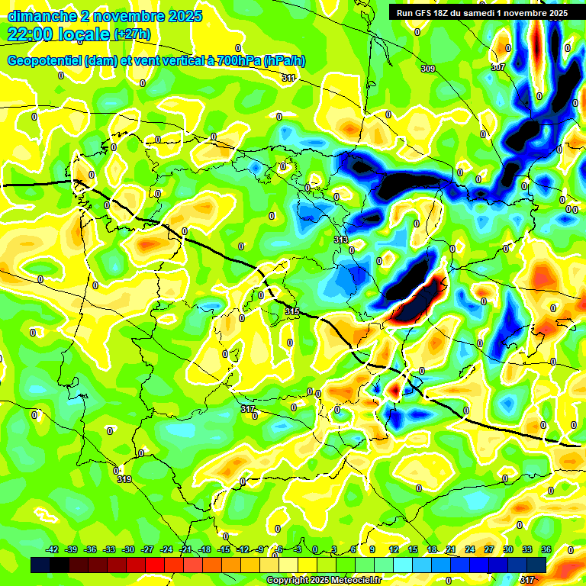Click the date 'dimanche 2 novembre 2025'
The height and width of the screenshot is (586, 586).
pyautogui.click(x=105, y=16)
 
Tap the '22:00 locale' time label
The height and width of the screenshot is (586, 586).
pyautogui.click(x=58, y=34)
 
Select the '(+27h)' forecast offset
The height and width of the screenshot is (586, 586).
pyautogui.click(x=132, y=34)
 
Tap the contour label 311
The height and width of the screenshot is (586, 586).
pyautogui.click(x=288, y=79)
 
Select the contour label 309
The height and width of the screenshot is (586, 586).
pyautogui.click(x=428, y=69)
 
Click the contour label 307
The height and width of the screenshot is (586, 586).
pyautogui.click(x=497, y=68)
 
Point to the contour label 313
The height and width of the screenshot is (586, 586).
pyautogui.click(x=341, y=240)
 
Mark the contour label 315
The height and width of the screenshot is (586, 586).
pyautogui.click(x=292, y=311)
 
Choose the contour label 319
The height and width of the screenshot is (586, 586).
pyautogui.click(x=124, y=479)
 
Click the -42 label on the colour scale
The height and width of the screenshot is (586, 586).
pyautogui.click(x=53, y=549)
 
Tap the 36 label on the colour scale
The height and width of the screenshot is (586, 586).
pyautogui.click(x=546, y=549)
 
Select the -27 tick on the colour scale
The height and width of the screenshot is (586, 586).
pyautogui.click(x=147, y=549)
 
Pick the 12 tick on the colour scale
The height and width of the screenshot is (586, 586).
pyautogui.click(x=394, y=549)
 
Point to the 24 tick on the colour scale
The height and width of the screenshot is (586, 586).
pyautogui.click(x=469, y=549)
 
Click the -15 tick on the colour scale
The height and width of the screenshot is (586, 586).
pyautogui.click(x=224, y=549)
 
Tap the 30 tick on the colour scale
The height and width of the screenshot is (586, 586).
pyautogui.click(x=508, y=549)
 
